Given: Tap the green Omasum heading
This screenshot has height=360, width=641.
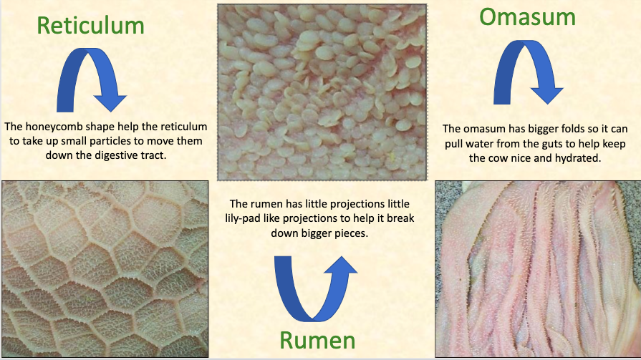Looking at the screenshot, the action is click(x=527, y=17).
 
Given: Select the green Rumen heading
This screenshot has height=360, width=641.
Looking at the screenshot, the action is click(x=317, y=341).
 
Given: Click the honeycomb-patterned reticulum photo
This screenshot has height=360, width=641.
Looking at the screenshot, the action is click(x=105, y=269).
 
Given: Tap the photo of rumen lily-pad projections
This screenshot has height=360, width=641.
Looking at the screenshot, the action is click(x=322, y=92).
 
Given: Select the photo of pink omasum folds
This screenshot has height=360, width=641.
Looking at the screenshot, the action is click(x=538, y=269).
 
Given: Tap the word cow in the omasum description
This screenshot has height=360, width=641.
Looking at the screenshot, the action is click(x=495, y=159).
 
